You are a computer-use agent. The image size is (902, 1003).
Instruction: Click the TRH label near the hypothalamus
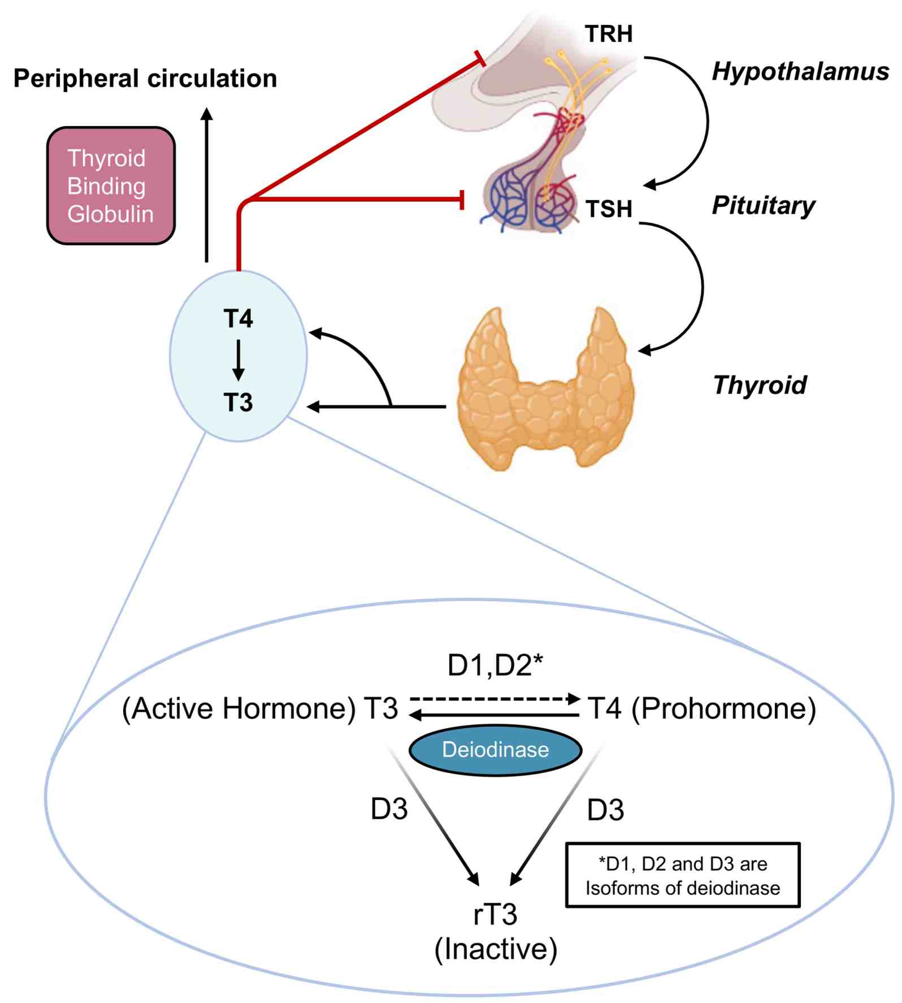click(609, 34)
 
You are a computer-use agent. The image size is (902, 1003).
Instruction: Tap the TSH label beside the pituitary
click(609, 209)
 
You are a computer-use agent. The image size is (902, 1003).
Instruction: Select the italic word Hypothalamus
click(800, 72)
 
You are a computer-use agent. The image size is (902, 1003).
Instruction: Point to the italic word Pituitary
click(763, 205)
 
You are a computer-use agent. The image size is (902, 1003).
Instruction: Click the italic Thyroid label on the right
click(760, 385)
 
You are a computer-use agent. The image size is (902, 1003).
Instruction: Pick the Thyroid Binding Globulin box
click(111, 186)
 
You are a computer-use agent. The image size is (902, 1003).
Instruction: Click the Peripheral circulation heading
click(145, 79)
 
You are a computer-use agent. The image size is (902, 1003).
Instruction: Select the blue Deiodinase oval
click(495, 750)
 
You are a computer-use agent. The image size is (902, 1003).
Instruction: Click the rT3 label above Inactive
click(495, 914)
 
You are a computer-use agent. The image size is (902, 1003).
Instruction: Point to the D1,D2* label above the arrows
click(495, 665)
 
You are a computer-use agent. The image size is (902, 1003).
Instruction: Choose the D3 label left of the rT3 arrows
click(389, 809)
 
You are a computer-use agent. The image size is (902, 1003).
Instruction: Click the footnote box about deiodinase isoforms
click(683, 875)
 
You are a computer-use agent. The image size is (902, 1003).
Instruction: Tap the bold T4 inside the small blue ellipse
click(238, 319)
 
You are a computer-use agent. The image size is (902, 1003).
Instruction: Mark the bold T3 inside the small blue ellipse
click(238, 403)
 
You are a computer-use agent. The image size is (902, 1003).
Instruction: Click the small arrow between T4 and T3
click(238, 360)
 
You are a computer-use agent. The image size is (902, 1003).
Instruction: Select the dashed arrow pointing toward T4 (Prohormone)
click(495, 699)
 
